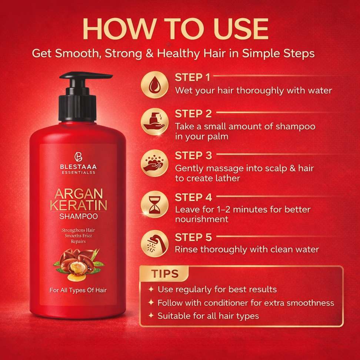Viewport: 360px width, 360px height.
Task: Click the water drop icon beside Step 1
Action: coord(154,84)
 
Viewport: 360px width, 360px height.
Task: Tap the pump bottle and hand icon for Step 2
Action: coord(154,122)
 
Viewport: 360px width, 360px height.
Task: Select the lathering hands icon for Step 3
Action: coord(154,163)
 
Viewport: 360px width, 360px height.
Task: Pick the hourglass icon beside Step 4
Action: coord(154,204)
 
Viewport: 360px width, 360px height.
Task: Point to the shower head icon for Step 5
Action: coord(154,244)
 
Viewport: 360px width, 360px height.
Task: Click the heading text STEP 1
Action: coord(192,77)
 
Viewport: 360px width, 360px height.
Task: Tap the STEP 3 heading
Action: coord(193,156)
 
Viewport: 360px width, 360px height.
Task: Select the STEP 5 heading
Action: coord(193,237)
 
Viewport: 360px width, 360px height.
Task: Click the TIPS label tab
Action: coord(164,274)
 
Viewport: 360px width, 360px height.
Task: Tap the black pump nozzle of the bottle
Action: coord(86,76)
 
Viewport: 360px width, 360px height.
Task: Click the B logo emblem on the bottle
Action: coord(78,157)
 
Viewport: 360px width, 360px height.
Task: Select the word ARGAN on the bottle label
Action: coord(79,194)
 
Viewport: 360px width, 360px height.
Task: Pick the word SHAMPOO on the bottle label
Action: coord(79,216)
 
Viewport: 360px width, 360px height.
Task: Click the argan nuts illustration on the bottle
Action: coord(79,264)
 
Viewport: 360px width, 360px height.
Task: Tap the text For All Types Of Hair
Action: coord(78,290)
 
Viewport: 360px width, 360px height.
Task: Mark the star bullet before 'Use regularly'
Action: coord(151,289)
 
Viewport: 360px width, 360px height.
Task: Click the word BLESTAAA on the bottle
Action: coord(78,167)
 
